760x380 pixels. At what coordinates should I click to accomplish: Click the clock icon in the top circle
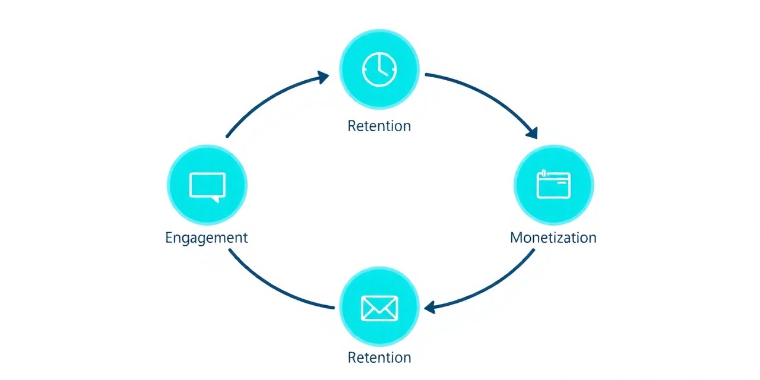click(x=379, y=69)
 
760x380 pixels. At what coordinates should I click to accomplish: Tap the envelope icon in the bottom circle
click(x=379, y=308)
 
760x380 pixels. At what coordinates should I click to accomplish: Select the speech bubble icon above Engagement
click(x=207, y=185)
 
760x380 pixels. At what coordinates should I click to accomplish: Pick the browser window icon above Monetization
click(x=553, y=184)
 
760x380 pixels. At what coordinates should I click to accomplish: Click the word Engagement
click(x=206, y=237)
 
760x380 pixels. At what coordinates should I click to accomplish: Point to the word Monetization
click(x=553, y=237)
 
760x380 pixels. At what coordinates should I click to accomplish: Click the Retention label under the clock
click(x=379, y=126)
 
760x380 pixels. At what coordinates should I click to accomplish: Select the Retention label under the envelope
click(x=379, y=357)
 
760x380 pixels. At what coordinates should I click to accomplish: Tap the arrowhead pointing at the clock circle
click(x=323, y=77)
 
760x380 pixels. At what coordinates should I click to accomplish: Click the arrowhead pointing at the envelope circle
click(x=430, y=308)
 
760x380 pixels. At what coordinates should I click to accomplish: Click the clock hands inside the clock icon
click(x=381, y=68)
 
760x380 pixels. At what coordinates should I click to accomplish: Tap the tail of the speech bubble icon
click(x=216, y=200)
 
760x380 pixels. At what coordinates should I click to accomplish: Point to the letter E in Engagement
click(x=169, y=237)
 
